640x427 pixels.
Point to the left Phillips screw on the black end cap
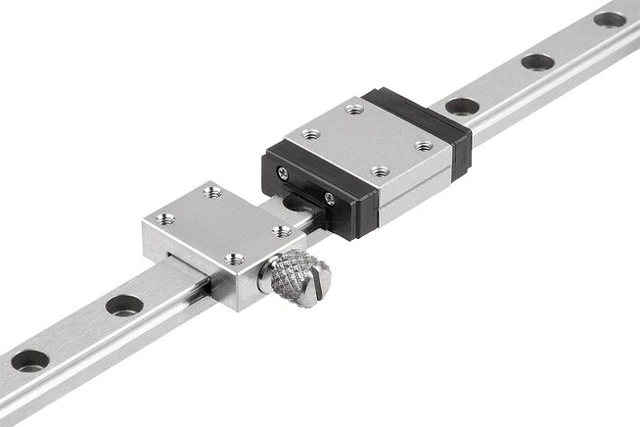pos(283,172)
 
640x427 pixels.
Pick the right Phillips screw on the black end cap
pos(330,199)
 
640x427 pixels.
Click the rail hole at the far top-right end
pos(610,19)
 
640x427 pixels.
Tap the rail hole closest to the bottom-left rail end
pos(29,359)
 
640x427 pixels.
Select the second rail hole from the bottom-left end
pos(124,305)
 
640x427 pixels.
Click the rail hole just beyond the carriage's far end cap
pos(463,105)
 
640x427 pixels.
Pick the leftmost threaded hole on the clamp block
pos(166,219)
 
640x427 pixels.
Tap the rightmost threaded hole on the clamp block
pos(281,231)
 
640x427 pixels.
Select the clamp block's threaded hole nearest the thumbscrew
pos(235,260)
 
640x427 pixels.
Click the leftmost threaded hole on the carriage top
pos(310,134)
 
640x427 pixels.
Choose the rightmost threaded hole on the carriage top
pos(424,145)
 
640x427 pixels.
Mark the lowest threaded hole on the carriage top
pos(379,171)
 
